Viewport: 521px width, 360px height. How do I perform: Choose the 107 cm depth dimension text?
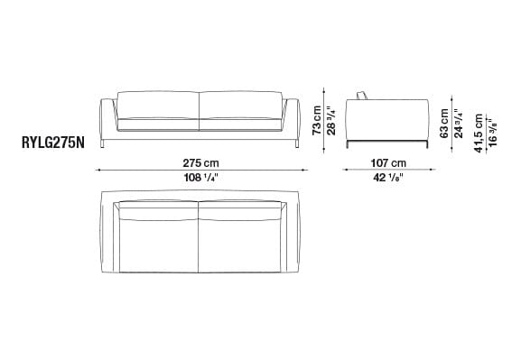click(387, 162)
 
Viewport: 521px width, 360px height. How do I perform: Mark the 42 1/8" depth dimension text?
click(387, 178)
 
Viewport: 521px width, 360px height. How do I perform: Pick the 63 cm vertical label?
click(444, 122)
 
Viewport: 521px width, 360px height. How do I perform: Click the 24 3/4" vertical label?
click(458, 122)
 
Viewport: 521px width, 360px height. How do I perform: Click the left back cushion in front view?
click(154, 106)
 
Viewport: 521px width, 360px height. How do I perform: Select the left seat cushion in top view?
click(155, 247)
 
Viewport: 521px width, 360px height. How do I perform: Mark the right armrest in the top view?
click(291, 239)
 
